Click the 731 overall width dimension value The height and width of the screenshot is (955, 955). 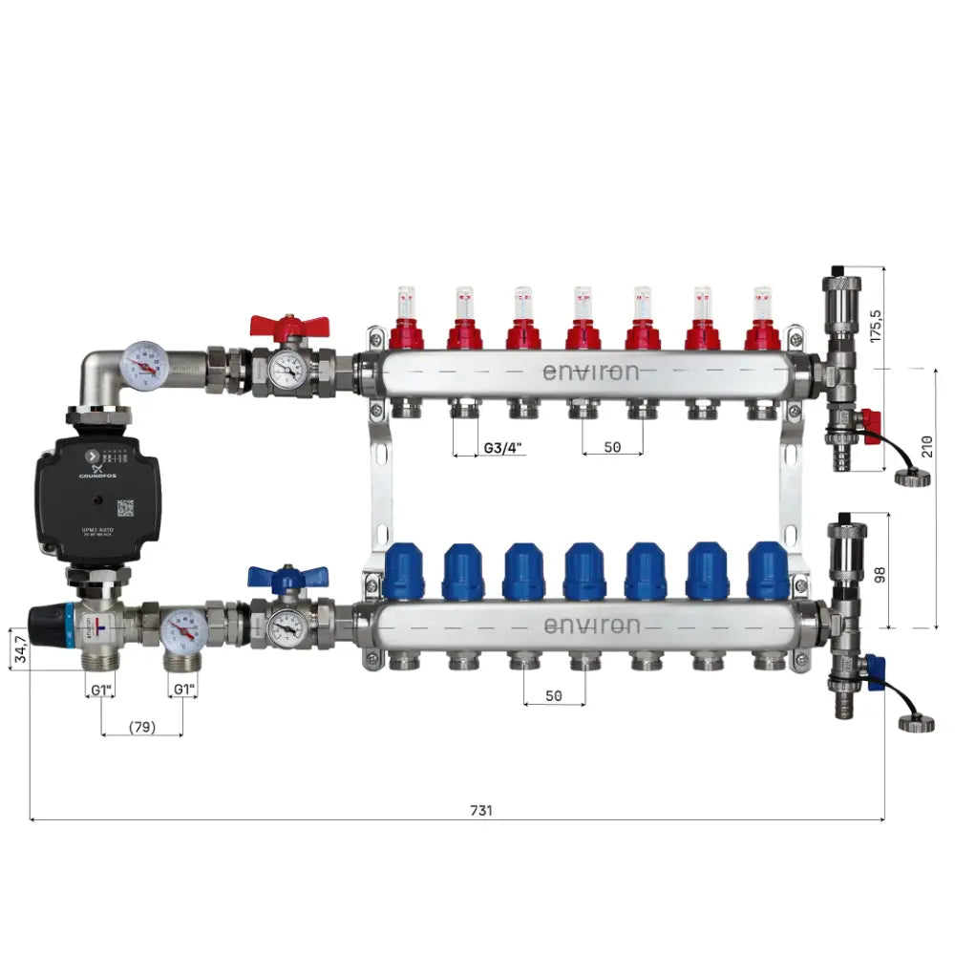click(481, 810)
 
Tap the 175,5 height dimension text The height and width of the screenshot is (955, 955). click(875, 325)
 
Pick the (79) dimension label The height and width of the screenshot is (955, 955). click(141, 728)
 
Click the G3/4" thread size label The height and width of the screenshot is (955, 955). click(502, 447)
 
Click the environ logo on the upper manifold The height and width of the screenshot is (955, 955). click(591, 371)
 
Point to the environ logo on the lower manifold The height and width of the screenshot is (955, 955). click(591, 626)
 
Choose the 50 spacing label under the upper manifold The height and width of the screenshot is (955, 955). click(612, 446)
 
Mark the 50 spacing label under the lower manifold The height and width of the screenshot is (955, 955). click(554, 695)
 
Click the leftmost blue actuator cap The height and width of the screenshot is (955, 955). click(403, 572)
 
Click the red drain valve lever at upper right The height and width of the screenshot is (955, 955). click(870, 421)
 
